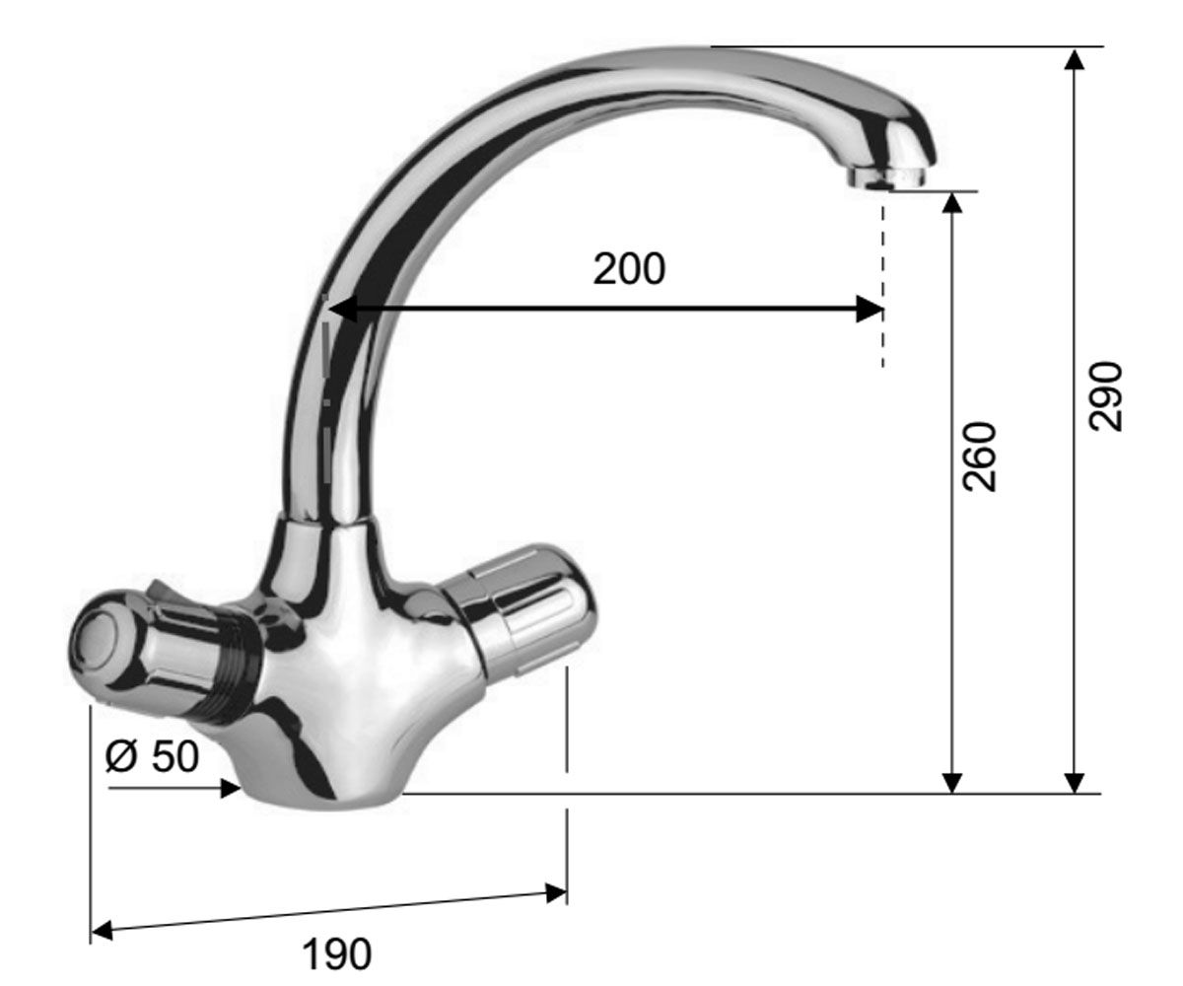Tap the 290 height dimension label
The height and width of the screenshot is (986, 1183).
point(1105,396)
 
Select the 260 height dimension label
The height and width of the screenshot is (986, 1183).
point(979,457)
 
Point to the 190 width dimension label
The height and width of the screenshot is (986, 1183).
point(336,953)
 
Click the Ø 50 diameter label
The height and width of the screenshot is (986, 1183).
point(153,755)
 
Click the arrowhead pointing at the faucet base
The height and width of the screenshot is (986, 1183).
point(230,788)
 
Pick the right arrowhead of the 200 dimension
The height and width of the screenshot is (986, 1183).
point(870,309)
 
